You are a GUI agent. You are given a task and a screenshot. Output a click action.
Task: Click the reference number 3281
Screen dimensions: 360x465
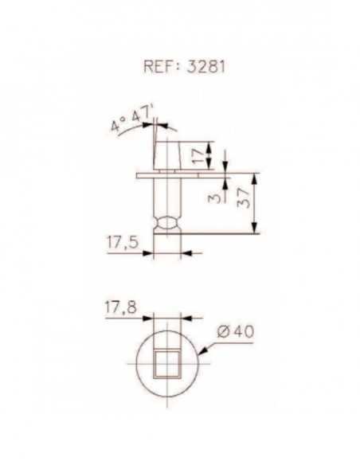[206, 66]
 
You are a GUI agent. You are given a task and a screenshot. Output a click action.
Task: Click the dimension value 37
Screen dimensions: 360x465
[244, 197]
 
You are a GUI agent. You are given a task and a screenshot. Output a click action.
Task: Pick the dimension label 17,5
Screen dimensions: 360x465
[123, 243]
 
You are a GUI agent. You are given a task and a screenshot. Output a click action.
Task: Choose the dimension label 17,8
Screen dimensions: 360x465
[121, 308]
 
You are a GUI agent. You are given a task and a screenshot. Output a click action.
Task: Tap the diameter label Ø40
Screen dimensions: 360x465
[236, 331]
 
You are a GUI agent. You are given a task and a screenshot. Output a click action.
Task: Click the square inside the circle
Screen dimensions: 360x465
[167, 364]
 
